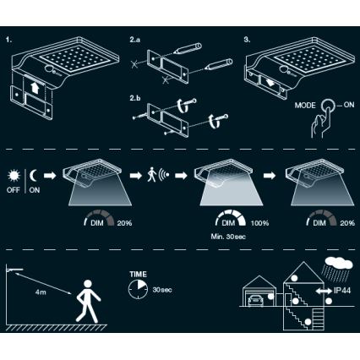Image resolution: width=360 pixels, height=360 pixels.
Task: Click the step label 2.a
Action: (136, 39)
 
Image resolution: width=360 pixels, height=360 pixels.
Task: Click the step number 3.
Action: (248, 39)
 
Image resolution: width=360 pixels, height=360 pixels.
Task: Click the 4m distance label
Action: (40, 292)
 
